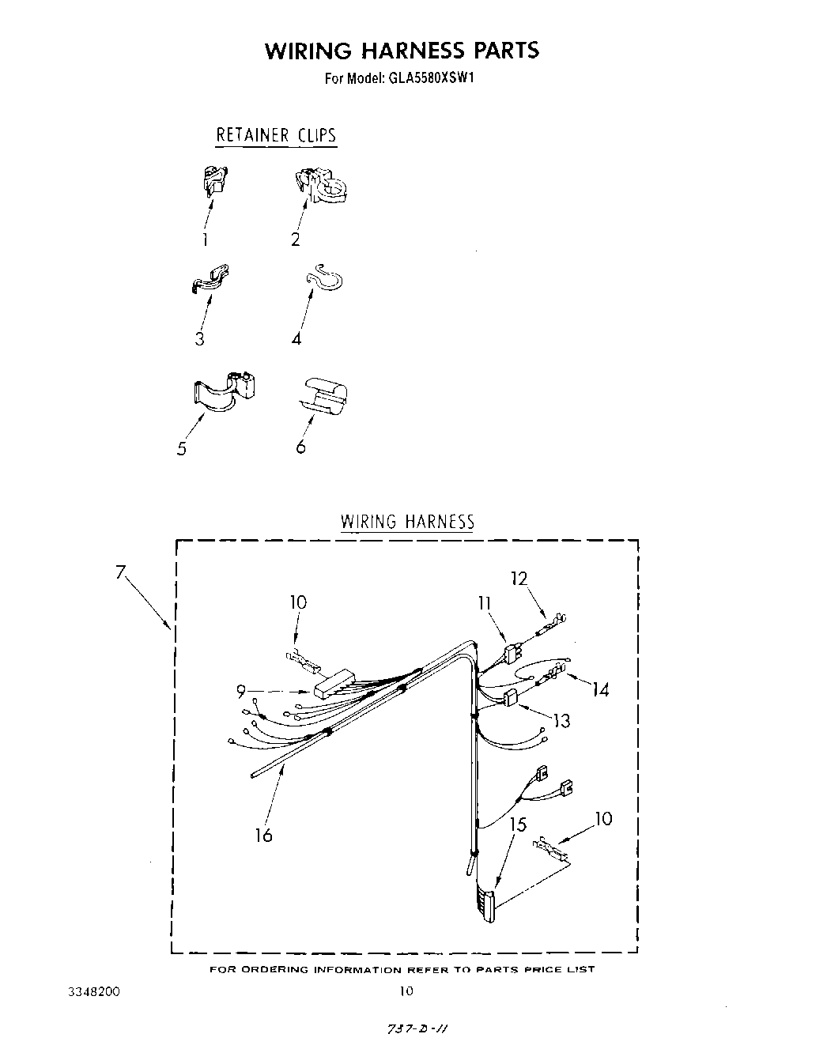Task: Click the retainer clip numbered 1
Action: [212, 182]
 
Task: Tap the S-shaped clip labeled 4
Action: [324, 278]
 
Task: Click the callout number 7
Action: [121, 572]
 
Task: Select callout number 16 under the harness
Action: [263, 835]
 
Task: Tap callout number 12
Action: [519, 579]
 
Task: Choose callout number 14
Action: [600, 689]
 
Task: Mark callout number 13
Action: [562, 720]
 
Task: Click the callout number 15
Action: [518, 824]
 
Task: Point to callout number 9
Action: [241, 692]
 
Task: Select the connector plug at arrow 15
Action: [486, 904]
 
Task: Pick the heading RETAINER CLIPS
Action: [276, 135]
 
